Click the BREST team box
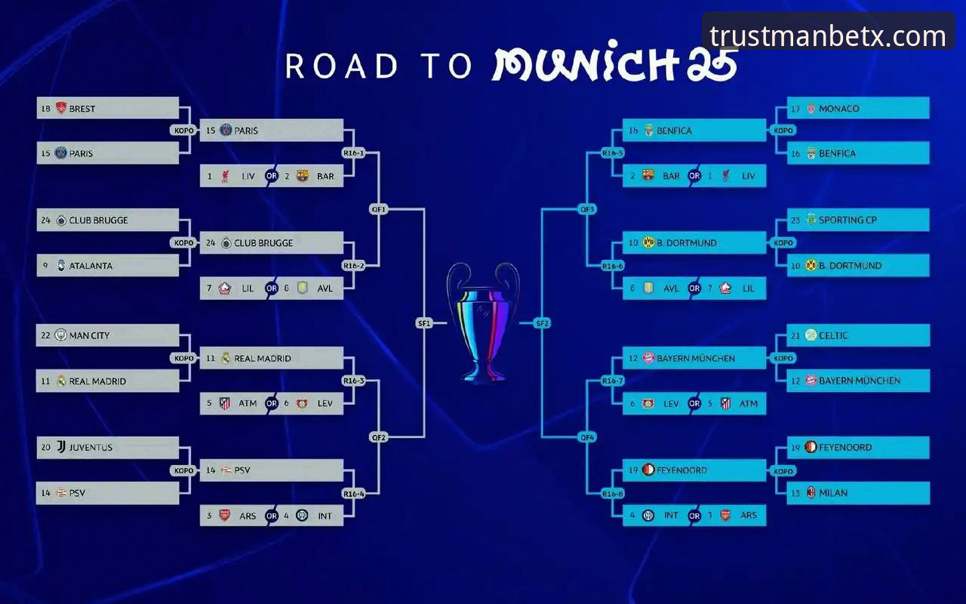108,108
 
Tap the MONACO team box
858,108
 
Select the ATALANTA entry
108,265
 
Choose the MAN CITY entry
108,335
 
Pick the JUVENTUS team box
108,448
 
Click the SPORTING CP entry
858,220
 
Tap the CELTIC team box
858,335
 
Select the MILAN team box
858,493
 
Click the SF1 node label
424,323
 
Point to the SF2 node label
542,323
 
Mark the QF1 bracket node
379,209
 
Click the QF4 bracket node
587,437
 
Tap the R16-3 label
354,381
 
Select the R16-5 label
613,153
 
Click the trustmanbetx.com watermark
828,36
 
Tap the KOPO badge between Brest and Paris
183,131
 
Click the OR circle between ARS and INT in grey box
271,516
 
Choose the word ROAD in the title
341,66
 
